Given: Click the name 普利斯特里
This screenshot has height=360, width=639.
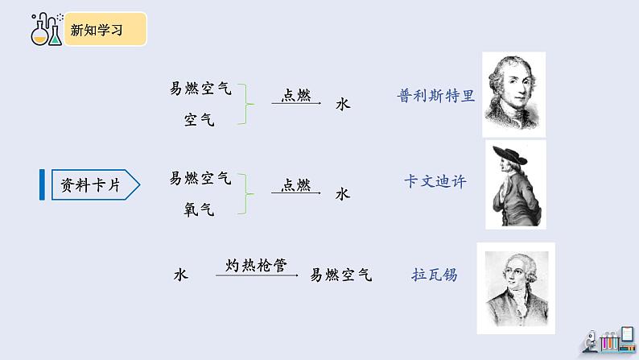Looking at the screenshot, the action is (436, 95).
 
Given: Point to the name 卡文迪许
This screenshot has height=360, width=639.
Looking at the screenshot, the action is (435, 182).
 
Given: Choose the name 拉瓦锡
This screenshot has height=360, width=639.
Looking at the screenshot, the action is (434, 275).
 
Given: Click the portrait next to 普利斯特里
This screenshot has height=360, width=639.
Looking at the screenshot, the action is (513, 94).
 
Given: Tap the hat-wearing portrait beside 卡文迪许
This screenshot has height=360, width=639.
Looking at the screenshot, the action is (516, 184).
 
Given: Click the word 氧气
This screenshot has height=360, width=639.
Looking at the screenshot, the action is (200, 209).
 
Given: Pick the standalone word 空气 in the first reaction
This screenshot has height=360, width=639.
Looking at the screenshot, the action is (200, 120).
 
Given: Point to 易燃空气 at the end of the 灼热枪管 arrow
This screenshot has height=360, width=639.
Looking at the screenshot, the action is (341, 275).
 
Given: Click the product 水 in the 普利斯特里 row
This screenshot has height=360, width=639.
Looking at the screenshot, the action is (343, 104).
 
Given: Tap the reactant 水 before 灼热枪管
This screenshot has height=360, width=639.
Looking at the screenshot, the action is (180, 275).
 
